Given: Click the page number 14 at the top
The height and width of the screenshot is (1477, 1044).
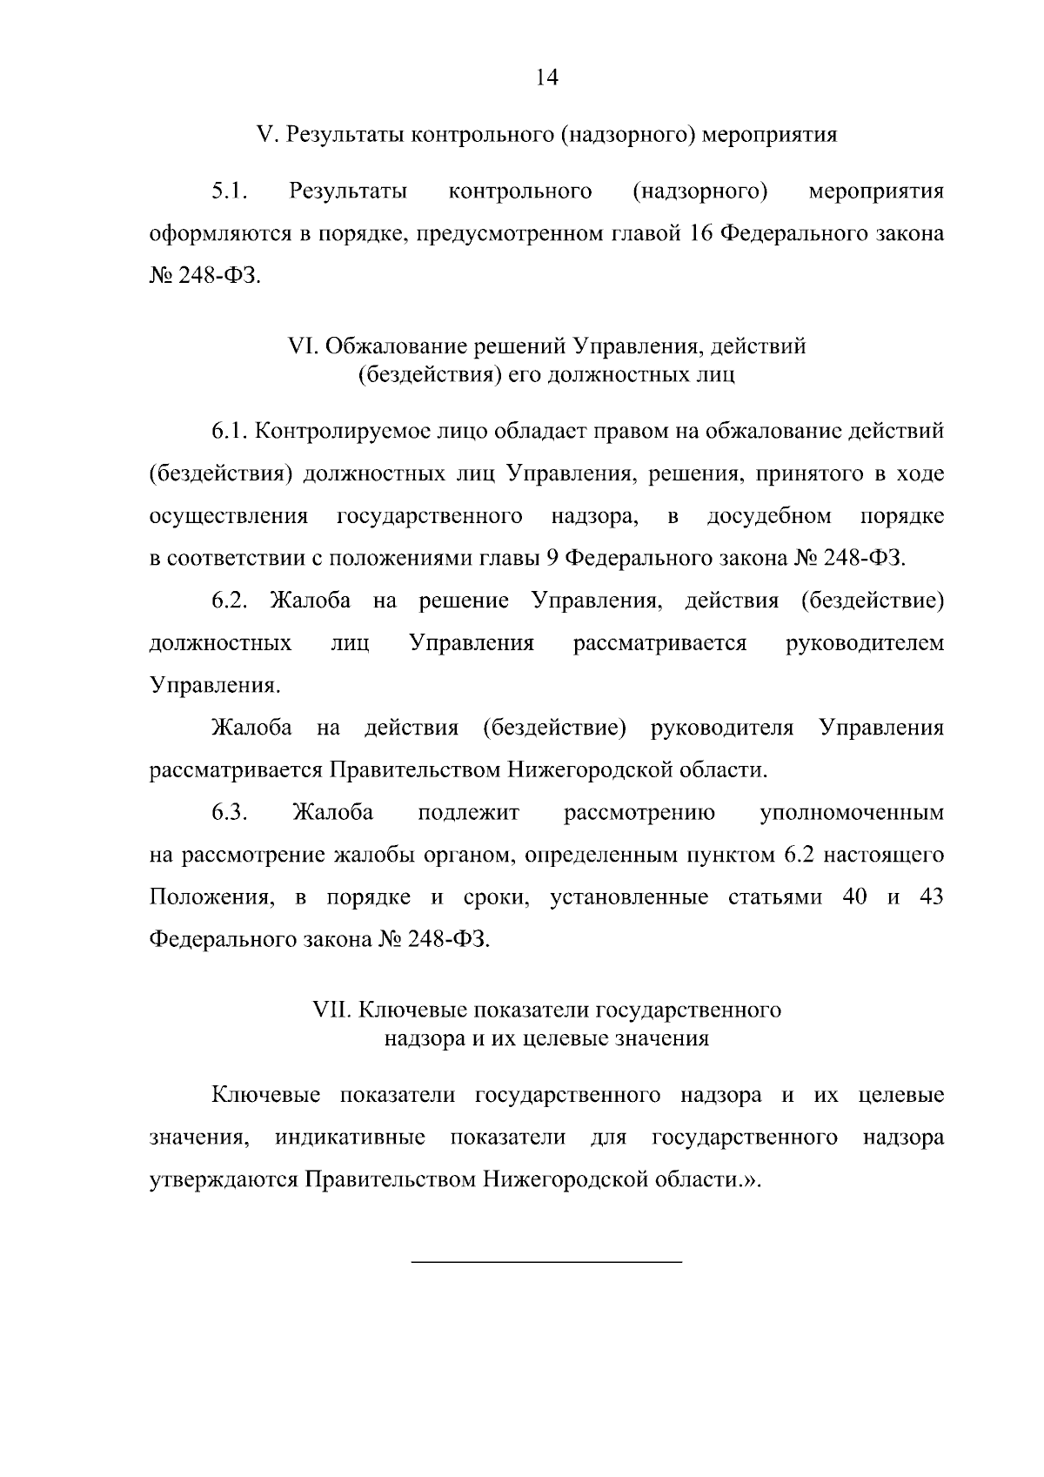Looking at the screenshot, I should [x=546, y=77].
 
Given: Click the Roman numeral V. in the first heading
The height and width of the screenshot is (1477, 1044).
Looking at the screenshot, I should [x=266, y=135].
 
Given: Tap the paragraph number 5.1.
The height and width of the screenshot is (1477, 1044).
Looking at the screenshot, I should [x=230, y=191].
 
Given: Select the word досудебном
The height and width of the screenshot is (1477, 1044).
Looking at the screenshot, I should [x=769, y=516].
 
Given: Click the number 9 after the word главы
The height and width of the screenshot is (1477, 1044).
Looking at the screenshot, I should [x=550, y=559].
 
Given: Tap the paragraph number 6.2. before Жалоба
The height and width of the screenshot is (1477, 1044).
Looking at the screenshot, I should [x=231, y=601].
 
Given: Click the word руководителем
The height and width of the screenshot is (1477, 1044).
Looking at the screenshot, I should [x=864, y=643].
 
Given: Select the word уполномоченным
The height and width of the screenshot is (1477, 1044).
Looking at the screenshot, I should [x=851, y=813].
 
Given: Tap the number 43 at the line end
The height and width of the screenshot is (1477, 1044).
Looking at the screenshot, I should [x=931, y=897].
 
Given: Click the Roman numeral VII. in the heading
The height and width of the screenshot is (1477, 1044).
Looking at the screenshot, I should [x=331, y=1010].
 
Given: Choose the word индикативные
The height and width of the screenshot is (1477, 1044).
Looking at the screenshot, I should [x=351, y=1138].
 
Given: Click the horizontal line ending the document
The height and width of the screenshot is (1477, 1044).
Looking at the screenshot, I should [x=546, y=1261].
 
